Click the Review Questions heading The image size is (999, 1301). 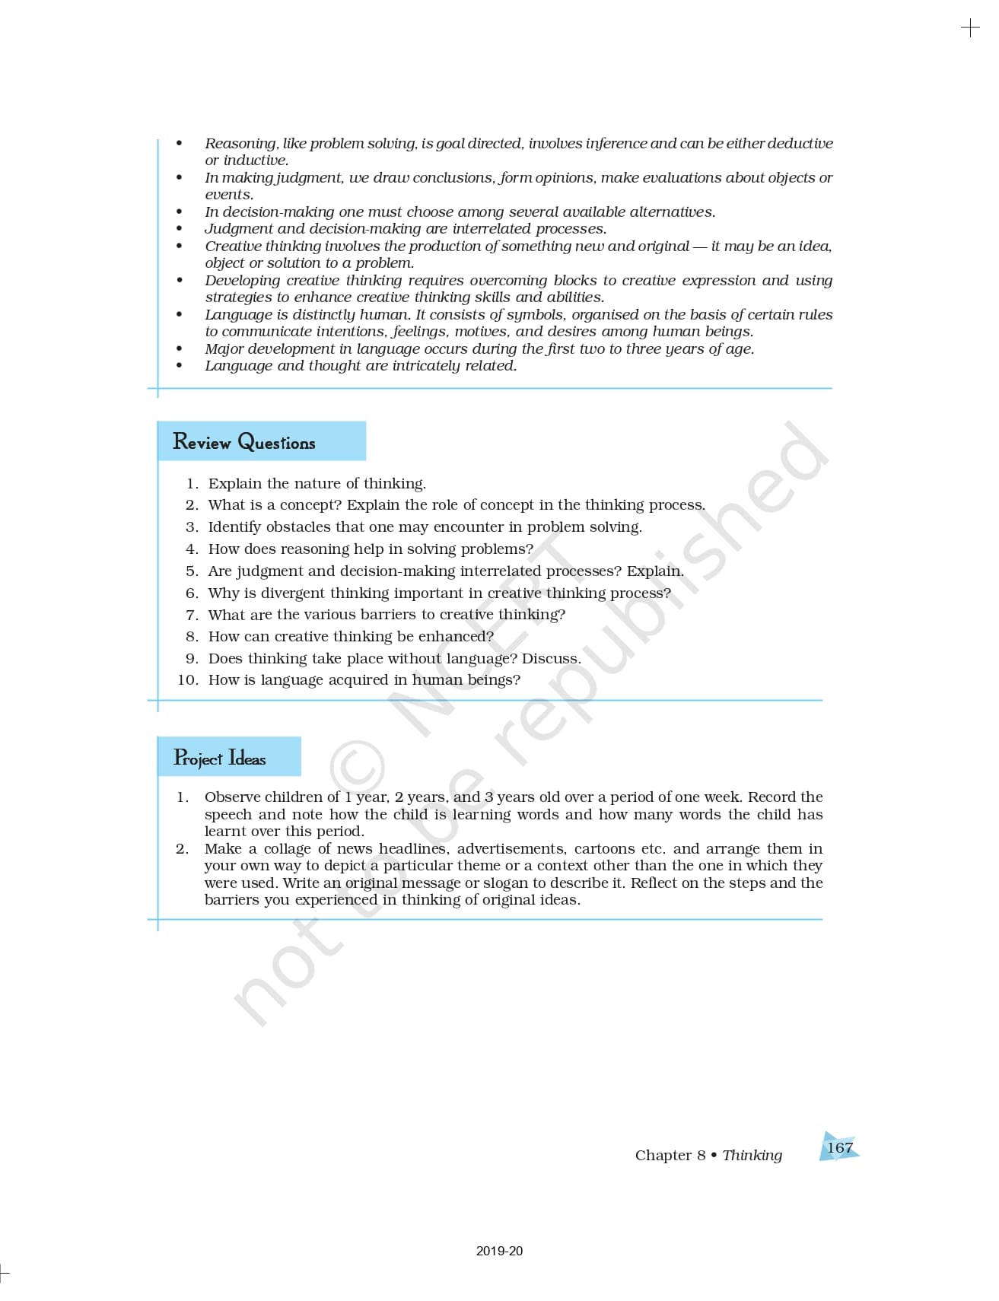click(243, 442)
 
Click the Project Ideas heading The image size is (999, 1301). click(219, 758)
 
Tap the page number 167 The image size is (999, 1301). click(839, 1147)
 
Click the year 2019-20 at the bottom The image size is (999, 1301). click(499, 1251)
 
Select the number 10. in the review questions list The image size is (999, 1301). click(188, 680)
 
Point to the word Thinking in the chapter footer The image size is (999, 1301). click(752, 1155)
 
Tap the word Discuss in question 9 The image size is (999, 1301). click(551, 659)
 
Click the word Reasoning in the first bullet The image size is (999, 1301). click(240, 143)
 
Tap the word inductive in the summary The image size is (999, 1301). click(256, 161)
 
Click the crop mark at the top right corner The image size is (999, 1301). click(970, 29)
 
